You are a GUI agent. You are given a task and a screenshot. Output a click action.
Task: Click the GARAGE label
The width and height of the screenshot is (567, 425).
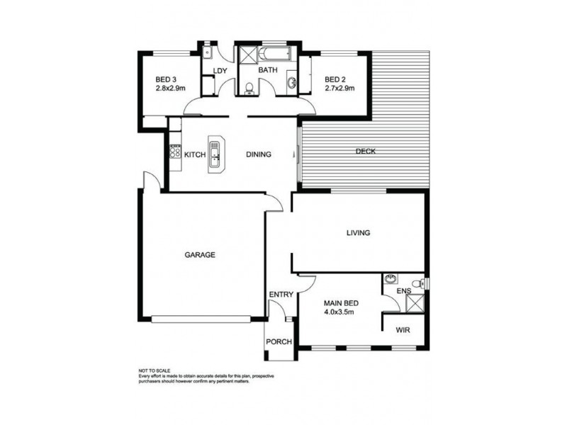200,255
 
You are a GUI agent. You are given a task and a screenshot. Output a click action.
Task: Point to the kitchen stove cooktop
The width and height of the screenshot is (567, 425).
175,152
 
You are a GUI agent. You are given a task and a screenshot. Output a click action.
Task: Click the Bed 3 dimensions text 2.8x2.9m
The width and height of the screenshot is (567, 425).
170,89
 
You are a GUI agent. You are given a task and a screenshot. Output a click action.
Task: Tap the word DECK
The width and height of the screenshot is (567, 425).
366,152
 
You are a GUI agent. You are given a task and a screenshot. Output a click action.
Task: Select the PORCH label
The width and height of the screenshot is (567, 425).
279,342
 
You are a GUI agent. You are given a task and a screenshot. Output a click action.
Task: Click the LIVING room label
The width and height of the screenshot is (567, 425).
358,232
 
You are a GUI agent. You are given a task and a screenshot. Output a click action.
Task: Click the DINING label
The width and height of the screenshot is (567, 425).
259,154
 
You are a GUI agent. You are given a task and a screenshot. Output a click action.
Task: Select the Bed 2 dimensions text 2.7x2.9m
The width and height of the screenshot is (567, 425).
339,89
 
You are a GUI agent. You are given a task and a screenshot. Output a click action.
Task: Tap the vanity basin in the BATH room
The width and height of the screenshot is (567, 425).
291,83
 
